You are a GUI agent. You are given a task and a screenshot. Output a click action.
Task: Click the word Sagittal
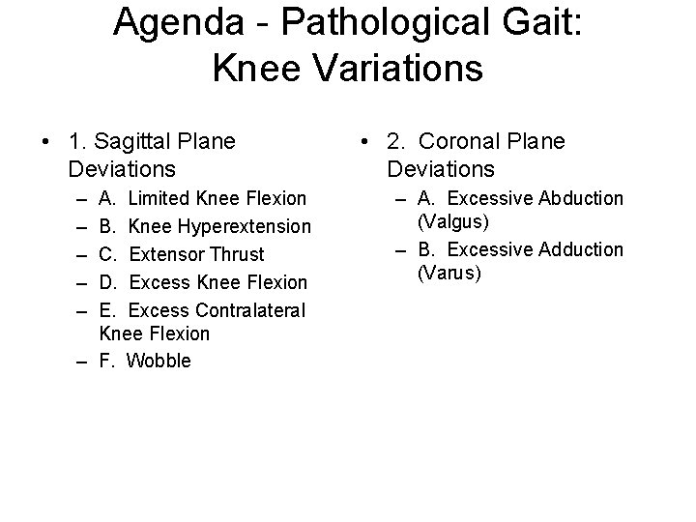tap(149, 142)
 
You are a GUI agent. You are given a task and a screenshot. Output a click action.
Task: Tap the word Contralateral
tap(249, 311)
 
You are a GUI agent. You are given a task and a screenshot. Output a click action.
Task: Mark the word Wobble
tap(159, 362)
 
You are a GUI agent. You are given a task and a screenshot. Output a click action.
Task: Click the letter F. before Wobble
tap(107, 362)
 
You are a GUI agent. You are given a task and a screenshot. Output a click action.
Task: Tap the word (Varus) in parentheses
tap(449, 274)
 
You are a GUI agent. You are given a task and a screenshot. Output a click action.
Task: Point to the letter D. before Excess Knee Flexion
tap(107, 283)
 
